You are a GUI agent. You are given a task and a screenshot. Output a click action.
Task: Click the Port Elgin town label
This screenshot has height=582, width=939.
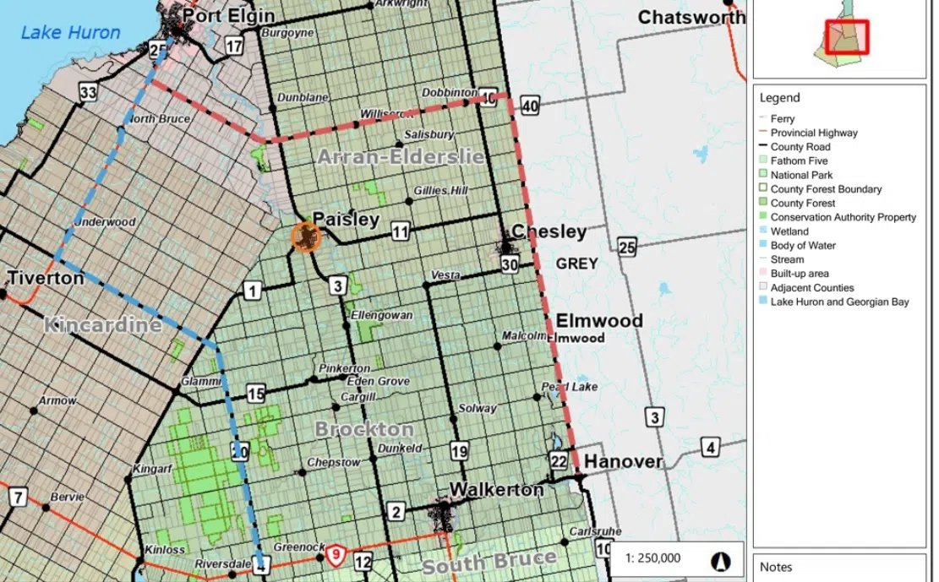coord(228,15)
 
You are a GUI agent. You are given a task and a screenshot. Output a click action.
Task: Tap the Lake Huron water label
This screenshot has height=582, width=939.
coord(70,33)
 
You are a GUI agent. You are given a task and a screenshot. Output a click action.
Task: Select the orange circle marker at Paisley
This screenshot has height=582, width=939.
coord(305,237)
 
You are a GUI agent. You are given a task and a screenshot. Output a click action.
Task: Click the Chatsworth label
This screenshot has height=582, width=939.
coord(691,17)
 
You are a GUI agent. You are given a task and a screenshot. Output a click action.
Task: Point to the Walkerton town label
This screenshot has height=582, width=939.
coord(496,489)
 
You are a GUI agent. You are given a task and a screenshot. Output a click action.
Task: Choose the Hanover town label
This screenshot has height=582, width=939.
coord(624,461)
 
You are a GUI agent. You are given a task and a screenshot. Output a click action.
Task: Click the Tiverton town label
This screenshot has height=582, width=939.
coord(46,278)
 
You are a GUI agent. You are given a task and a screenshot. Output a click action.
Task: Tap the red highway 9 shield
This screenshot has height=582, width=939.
coord(336,554)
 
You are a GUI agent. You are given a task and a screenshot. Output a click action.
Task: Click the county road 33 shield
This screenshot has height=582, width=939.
coord(88,92)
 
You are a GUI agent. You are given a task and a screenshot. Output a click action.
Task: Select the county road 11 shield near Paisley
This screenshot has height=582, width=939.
coord(401,232)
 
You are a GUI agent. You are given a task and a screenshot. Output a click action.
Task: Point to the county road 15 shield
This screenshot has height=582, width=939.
coord(256,393)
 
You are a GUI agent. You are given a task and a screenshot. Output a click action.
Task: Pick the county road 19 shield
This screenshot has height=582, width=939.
coord(459,451)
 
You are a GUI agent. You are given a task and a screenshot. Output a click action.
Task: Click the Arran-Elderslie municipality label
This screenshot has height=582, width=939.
coord(401,156)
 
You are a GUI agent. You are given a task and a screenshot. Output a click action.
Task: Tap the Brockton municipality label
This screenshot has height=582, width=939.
coord(364,429)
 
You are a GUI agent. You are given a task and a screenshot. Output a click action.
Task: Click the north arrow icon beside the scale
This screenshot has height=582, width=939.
coord(721,559)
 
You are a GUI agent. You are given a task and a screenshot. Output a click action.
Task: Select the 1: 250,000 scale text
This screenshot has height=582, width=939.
coord(652,558)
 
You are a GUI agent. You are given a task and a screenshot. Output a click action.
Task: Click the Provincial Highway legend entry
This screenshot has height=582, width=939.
coord(813,133)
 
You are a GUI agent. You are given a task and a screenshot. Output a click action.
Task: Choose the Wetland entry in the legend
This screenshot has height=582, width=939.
coord(789,231)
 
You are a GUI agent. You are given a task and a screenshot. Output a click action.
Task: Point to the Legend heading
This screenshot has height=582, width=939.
coord(779,97)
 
